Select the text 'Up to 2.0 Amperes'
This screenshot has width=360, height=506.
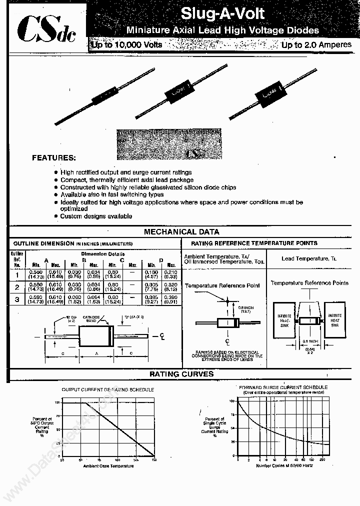coord(316,45)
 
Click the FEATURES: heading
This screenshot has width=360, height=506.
coord(54,157)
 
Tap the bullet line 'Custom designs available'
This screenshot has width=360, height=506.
coord(96,216)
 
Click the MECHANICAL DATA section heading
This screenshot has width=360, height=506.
coord(181,232)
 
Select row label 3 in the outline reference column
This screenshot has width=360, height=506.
coord(17,300)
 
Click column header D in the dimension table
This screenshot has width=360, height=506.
coord(161,260)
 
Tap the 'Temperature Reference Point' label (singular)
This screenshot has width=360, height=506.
coord(222,285)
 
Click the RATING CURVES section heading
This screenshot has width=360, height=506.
coord(181,374)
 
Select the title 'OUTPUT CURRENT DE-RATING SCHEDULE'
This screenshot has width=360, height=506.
coord(107,389)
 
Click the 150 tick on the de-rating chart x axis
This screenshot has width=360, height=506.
coord(153,459)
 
